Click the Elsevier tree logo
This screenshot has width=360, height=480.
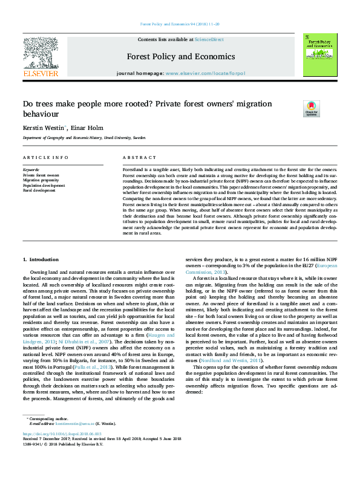point(41,54)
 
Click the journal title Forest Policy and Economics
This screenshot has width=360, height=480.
point(180,57)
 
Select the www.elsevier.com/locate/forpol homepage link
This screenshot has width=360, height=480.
point(205,73)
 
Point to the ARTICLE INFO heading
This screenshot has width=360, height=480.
point(45,157)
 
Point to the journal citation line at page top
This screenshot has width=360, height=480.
point(180,24)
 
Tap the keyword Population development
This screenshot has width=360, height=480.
point(44,185)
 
